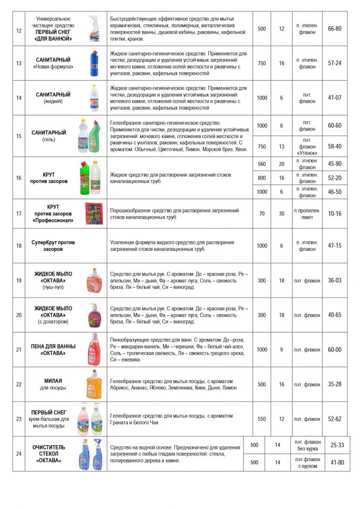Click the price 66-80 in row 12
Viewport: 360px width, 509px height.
334,28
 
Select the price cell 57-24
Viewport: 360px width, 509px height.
334,63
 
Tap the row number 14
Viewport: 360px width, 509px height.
19,97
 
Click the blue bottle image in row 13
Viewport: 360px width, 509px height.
93,63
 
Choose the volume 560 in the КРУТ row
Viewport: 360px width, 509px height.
262,164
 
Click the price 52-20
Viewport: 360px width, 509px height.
334,178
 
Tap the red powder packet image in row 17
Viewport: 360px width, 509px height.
94,213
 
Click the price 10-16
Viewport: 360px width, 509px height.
334,213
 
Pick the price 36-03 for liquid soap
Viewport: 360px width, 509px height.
334,281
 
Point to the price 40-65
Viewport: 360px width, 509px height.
334,315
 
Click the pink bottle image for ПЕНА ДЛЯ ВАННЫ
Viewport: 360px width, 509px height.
93,349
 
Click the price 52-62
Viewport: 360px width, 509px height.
334,419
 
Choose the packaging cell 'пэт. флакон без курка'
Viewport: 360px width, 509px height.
307,445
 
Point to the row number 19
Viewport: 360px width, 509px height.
19,281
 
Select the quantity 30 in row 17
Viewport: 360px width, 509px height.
281,213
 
